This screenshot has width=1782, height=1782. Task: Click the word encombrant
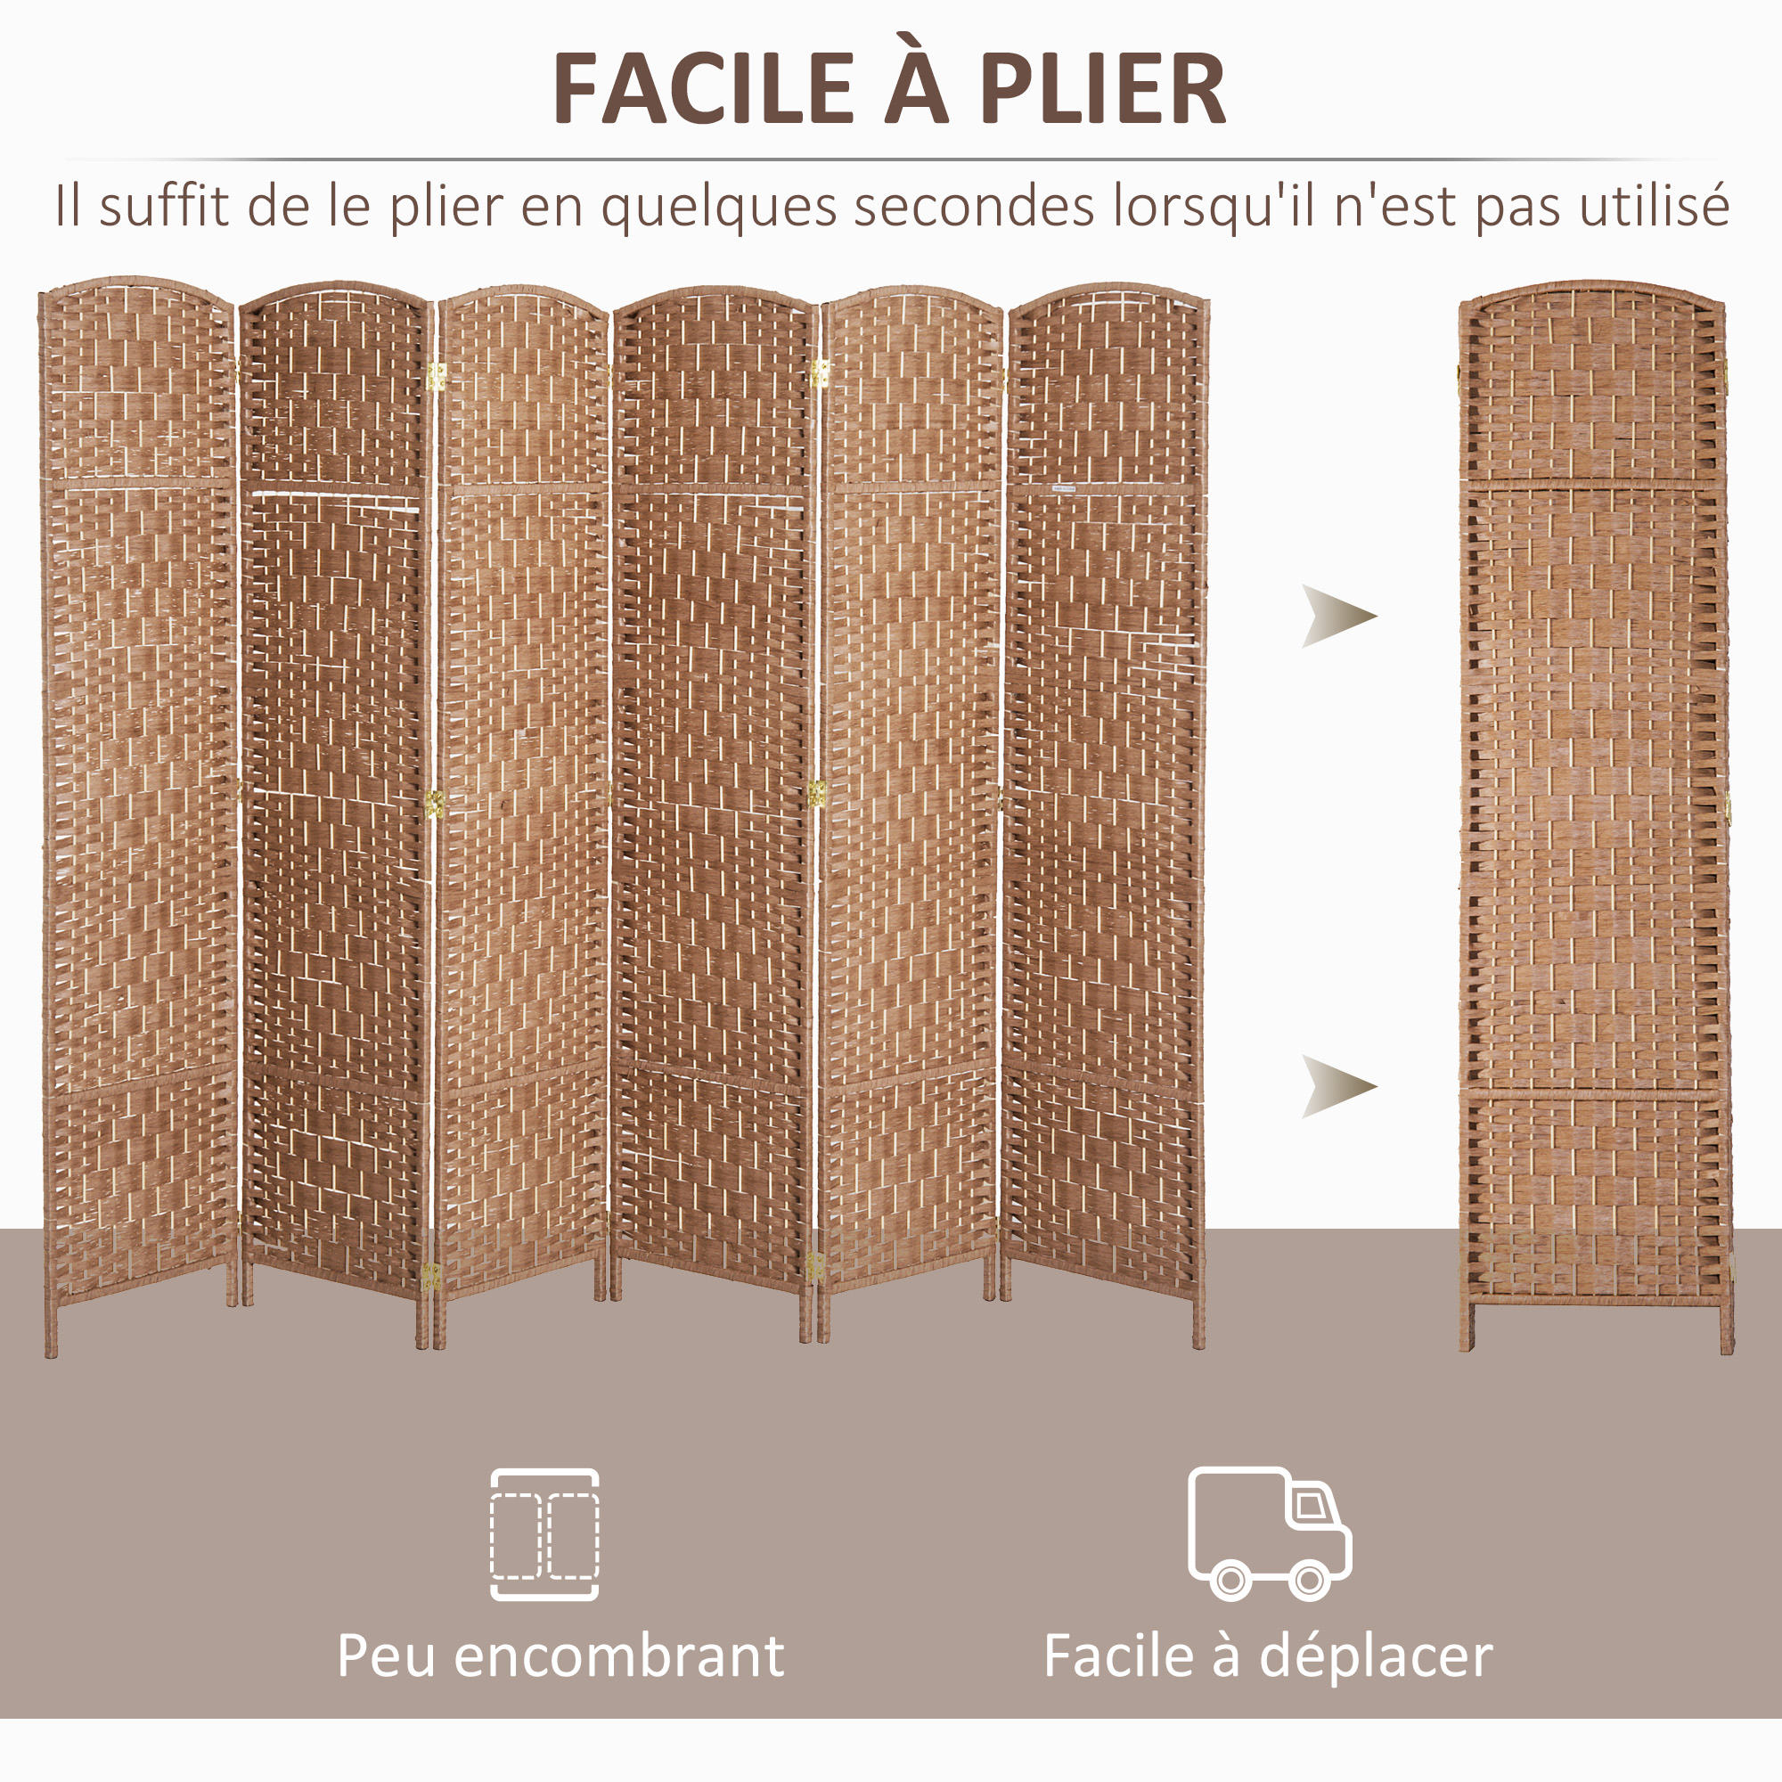(x=619, y=1656)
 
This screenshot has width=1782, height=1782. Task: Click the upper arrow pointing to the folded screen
(x=1338, y=617)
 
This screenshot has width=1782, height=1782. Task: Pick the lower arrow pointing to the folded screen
(x=1338, y=1086)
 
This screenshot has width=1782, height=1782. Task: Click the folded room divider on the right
(x=1595, y=815)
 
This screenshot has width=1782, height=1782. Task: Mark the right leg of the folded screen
(x=1726, y=1328)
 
